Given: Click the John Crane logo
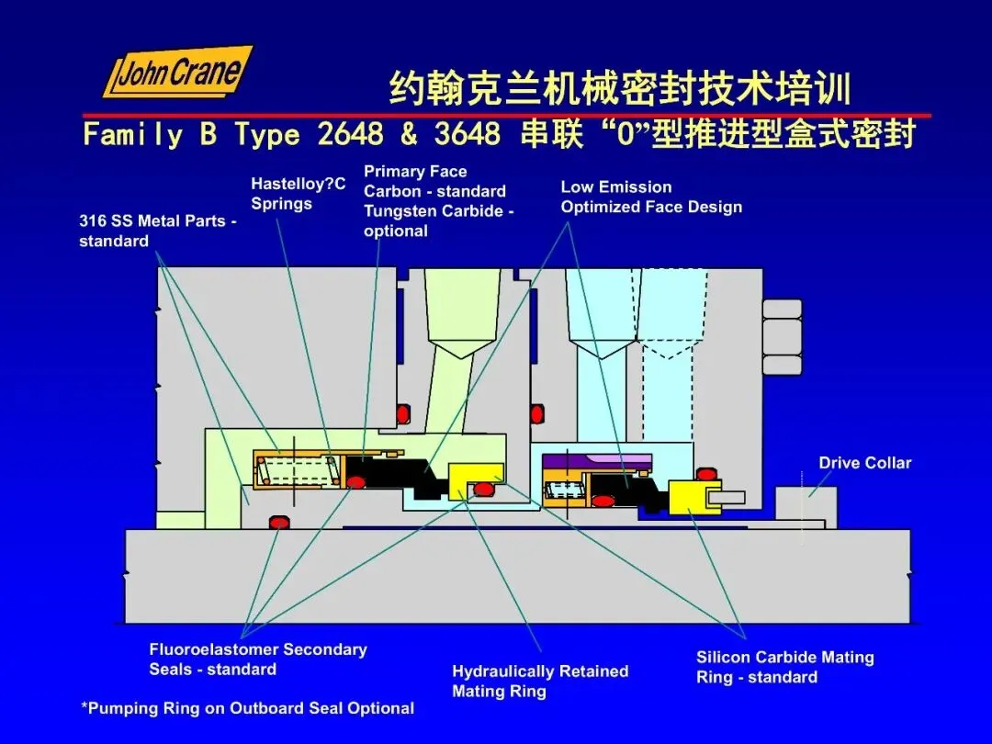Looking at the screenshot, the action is (176, 73).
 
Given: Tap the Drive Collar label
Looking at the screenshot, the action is (864, 463).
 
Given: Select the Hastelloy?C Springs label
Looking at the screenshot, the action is (298, 194).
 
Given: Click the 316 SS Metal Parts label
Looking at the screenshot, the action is (157, 231).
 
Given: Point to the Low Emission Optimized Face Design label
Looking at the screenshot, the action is (651, 197).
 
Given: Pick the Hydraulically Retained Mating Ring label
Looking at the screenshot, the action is (540, 682).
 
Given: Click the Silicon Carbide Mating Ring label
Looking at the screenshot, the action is (784, 668).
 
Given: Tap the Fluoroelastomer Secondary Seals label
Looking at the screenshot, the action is (258, 659).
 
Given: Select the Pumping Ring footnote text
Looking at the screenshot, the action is (247, 708).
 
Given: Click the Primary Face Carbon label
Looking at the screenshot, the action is (437, 201).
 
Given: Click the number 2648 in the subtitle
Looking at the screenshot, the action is (350, 135).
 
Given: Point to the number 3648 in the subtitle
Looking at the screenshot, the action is (468, 135).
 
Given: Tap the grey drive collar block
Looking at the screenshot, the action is (806, 509).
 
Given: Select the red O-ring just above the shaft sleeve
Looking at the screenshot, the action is (277, 523).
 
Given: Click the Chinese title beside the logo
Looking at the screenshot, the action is (620, 90).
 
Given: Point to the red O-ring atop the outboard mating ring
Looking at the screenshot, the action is (706, 474).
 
